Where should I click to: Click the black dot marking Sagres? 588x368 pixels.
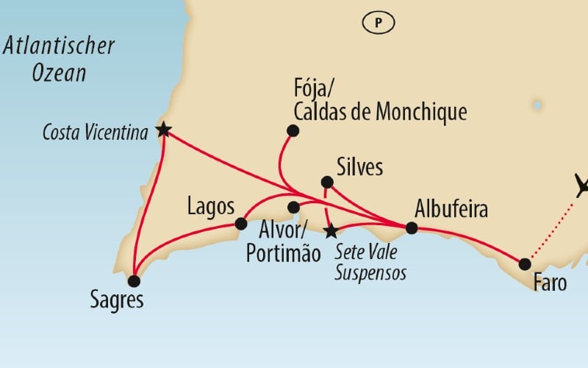tap(133, 280)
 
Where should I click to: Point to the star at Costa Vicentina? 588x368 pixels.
tap(163, 130)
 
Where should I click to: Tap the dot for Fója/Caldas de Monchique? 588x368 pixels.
tap(293, 131)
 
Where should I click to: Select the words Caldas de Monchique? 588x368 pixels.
tap(379, 112)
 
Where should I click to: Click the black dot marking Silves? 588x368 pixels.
tap(327, 182)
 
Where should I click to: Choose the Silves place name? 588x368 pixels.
tap(359, 167)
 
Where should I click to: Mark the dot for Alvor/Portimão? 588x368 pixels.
tap(293, 207)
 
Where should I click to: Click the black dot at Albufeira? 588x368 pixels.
tap(412, 228)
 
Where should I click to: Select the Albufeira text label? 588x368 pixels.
tap(451, 208)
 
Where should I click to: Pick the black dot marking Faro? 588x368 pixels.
tap(525, 263)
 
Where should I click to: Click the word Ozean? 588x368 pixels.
tap(60, 73)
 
